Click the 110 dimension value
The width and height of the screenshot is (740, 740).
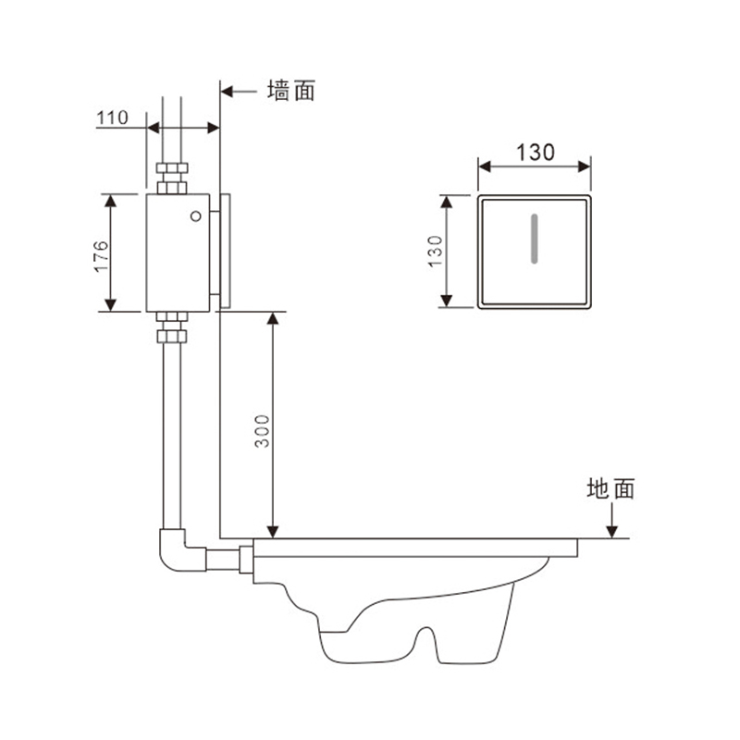tap(112, 117)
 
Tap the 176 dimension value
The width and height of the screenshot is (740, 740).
tap(101, 256)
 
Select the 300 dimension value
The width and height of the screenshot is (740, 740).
tap(262, 431)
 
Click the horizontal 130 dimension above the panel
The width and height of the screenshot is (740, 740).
tap(536, 153)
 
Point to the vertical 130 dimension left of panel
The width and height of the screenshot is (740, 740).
tap(435, 251)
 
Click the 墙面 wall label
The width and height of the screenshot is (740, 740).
tap(291, 91)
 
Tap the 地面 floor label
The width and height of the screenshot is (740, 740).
tap(610, 488)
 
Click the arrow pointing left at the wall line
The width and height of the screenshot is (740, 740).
tap(239, 91)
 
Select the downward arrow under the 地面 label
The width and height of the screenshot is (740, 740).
tap(611, 520)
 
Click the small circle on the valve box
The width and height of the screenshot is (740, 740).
tap(196, 216)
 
